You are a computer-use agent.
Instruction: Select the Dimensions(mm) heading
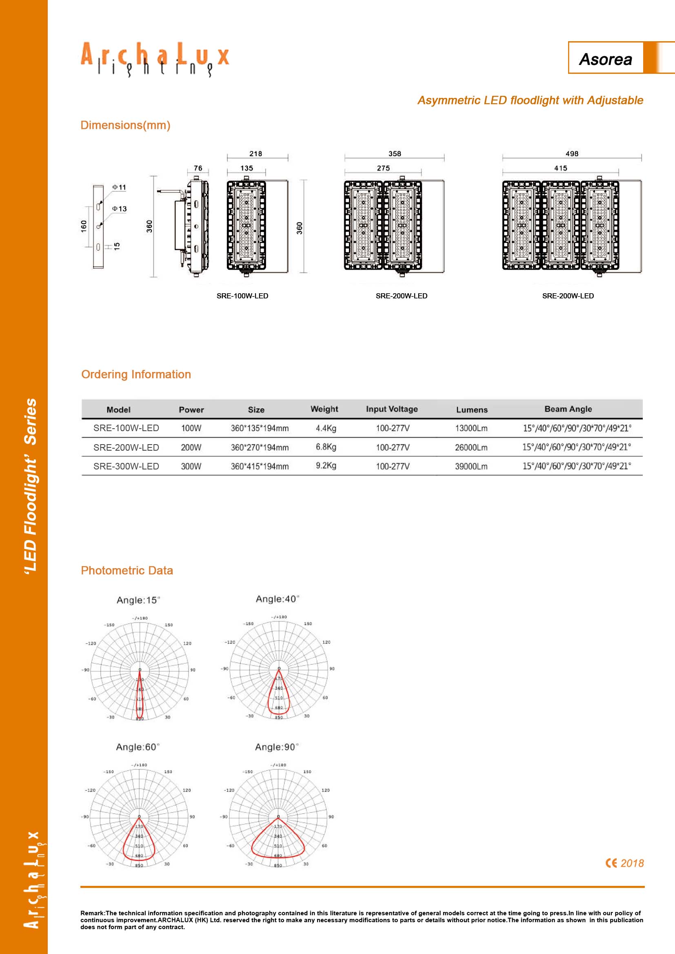[x=125, y=125]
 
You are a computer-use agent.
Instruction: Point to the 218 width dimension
[x=255, y=153]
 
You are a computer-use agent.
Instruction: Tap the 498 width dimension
[x=572, y=153]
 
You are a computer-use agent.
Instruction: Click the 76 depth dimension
[x=198, y=168]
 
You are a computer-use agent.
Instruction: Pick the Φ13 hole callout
[x=119, y=208]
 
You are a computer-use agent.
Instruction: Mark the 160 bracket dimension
[x=84, y=226]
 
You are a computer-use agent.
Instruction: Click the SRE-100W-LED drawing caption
[x=242, y=296]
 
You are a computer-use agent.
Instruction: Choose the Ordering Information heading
[x=136, y=374]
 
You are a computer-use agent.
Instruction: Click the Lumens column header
[x=472, y=409]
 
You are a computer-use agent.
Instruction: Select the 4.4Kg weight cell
[x=326, y=428]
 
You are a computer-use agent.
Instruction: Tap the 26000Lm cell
[x=471, y=447]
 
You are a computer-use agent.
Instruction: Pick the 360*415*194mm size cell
[x=260, y=466]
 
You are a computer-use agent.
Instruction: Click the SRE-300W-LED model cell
[x=126, y=466]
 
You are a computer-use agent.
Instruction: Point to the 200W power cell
[x=191, y=447]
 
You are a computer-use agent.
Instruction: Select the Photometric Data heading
[x=127, y=571]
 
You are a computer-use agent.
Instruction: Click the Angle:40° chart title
[x=277, y=599]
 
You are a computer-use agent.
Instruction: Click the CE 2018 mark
[x=624, y=863]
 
